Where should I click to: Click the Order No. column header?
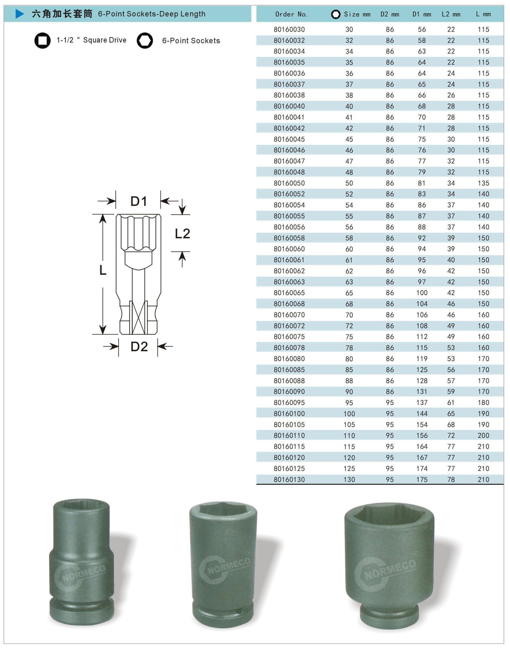tap(291, 14)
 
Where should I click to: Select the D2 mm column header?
tap(390, 14)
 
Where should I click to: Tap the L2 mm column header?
tap(451, 14)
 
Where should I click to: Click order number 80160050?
tap(289, 183)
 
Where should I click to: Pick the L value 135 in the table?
tap(483, 183)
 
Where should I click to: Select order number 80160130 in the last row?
tap(289, 479)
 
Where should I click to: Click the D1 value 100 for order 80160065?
tap(422, 293)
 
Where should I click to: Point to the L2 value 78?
tap(451, 479)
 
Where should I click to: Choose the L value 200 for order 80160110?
tap(483, 435)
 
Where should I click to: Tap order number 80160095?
tap(289, 403)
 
